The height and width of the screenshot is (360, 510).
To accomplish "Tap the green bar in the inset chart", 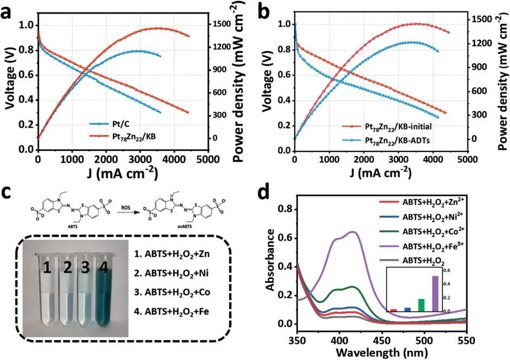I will point(436,305).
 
